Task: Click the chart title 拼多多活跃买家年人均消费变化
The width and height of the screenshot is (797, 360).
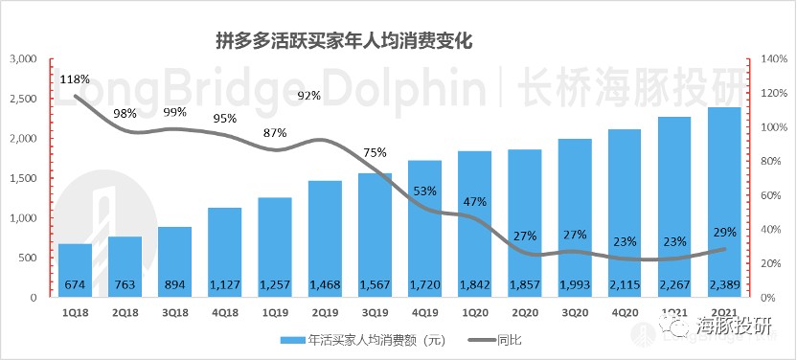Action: click(345, 41)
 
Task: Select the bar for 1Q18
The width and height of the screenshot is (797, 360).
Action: click(76, 270)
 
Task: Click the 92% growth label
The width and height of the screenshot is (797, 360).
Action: click(309, 96)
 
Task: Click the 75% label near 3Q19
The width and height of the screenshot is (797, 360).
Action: click(375, 153)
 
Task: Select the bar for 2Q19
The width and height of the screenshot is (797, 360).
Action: click(325, 239)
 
